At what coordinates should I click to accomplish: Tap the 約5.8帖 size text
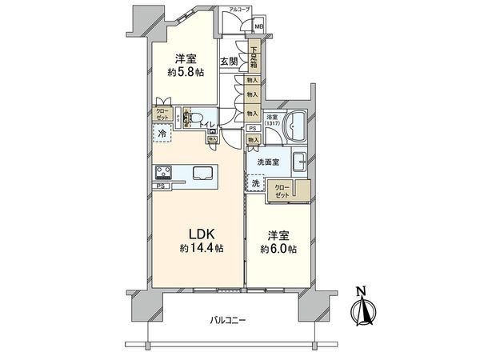coord(186,71)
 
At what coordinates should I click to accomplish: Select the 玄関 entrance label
coord(229,61)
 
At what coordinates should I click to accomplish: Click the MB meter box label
coord(258,26)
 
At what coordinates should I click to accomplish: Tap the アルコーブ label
coord(239,9)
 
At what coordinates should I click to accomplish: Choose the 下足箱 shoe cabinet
coord(253,58)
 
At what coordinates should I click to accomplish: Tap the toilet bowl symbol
coord(191,120)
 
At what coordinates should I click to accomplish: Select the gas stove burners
coord(165,172)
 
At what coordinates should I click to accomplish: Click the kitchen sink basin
coord(200,172)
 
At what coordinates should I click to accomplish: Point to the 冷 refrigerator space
coord(163,134)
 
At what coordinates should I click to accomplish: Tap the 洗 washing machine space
coord(256,183)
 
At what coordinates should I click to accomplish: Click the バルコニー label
coord(228,321)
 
